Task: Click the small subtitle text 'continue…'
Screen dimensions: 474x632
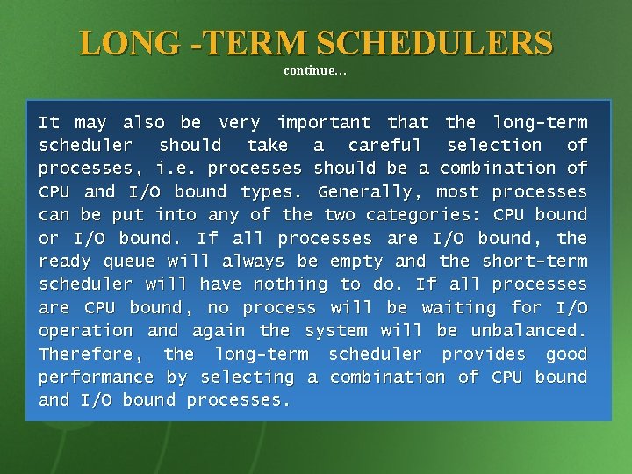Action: (315, 70)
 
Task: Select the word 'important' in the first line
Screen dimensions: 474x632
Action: (324, 122)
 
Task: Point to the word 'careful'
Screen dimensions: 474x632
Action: (384, 145)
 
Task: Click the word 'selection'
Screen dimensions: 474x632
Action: (494, 145)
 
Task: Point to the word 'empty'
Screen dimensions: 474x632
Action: (356, 261)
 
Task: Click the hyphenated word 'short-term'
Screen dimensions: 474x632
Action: (535, 261)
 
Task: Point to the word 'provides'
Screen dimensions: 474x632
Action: (484, 354)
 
